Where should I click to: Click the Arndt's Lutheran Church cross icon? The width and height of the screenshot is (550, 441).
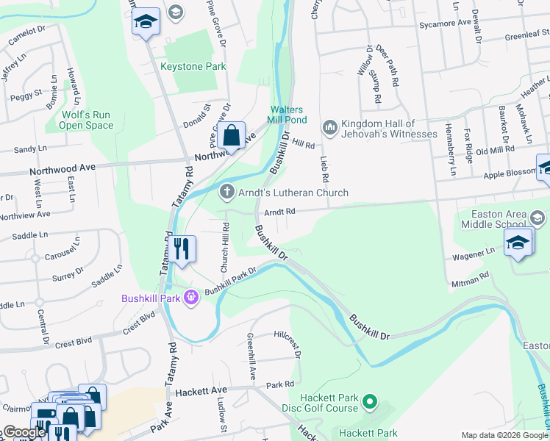(228, 192)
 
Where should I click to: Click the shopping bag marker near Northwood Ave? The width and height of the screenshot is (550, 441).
(231, 136)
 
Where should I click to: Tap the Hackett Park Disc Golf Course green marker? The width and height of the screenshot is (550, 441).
(370, 403)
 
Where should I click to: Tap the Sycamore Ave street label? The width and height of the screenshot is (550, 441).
(445, 23)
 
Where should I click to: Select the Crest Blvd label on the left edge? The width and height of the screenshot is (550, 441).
(71, 343)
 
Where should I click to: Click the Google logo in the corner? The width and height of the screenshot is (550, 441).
(24, 432)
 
